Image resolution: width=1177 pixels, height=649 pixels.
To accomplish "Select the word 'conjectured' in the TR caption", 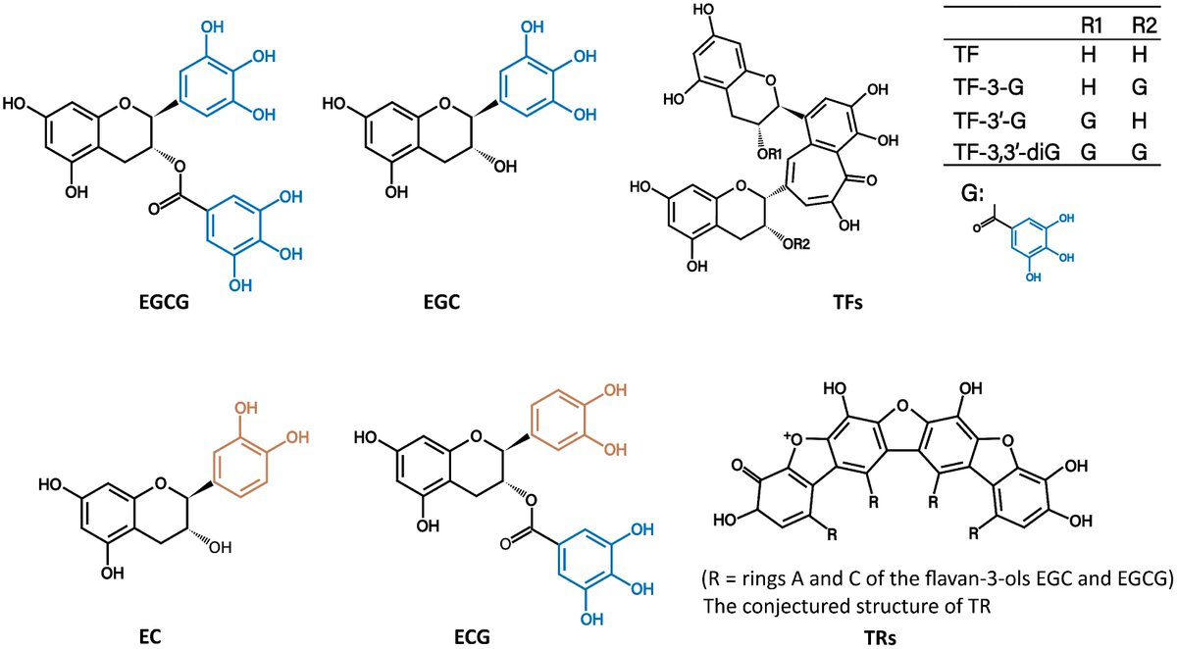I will click(819, 605).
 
